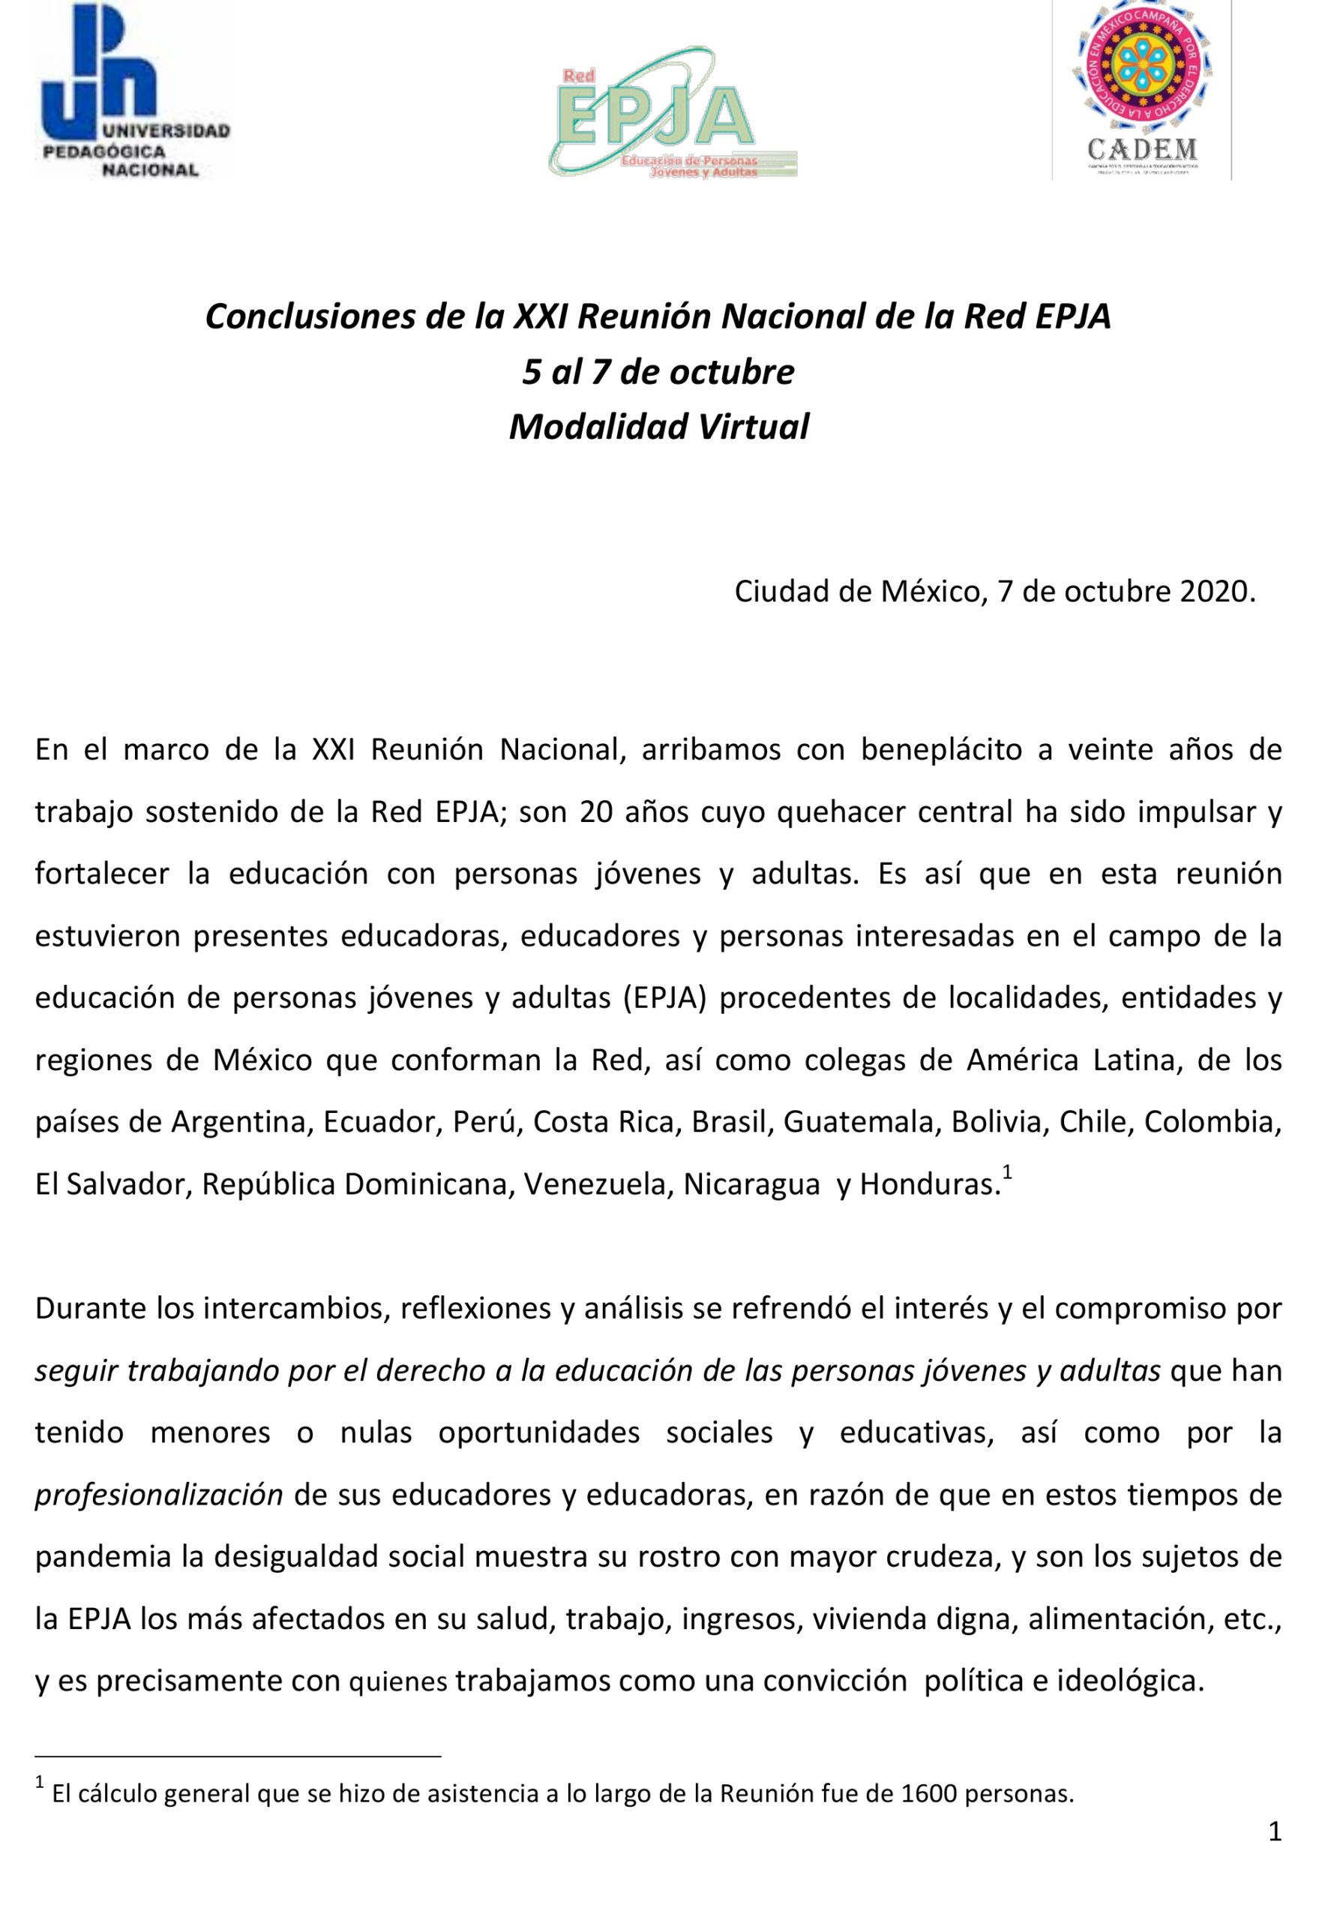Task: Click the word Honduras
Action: [931, 1184]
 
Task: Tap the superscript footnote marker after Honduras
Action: [1007, 1173]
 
